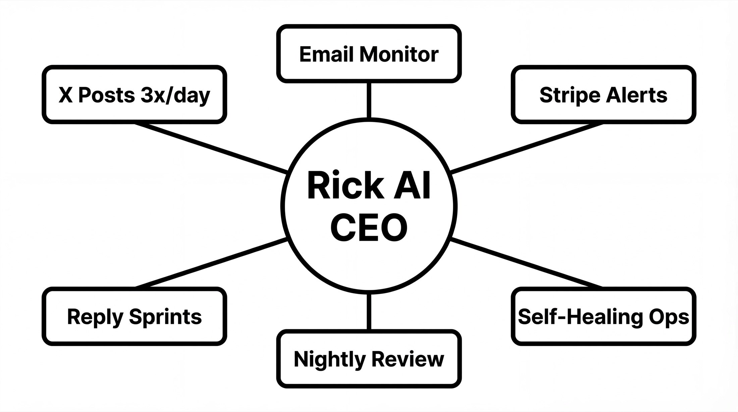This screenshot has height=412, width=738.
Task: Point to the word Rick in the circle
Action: coord(346,185)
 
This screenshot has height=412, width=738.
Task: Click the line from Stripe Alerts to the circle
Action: coord(527,148)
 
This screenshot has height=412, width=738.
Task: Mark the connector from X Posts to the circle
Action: coord(211,148)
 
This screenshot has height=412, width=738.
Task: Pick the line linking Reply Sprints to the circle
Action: coord(211,263)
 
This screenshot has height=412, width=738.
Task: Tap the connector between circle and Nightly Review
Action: coord(369,311)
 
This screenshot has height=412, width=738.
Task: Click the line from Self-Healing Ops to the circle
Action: coord(527,263)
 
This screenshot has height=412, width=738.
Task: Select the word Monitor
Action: coord(399,54)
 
